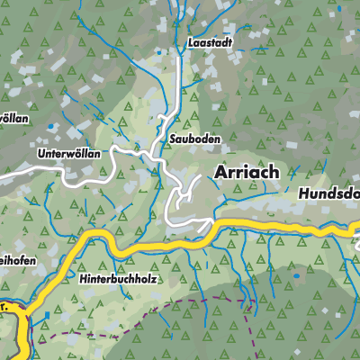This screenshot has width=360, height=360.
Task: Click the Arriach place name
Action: (247, 171)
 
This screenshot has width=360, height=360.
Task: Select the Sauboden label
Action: (194, 139)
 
